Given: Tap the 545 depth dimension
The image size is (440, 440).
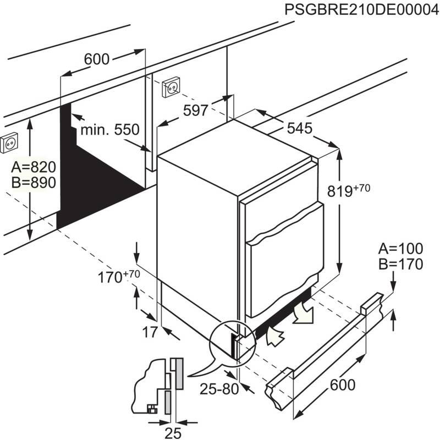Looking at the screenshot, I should pos(299,128).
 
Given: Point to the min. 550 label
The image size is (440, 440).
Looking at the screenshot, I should pos(109,130).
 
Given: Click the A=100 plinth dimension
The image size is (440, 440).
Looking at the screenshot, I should pos(400,249).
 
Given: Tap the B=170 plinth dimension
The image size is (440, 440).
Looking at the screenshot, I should pos(400,265).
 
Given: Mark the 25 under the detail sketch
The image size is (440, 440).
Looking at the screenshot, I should pos(173,433).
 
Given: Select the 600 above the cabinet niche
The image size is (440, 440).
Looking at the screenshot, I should pos(97,59).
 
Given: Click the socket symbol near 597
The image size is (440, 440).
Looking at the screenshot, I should pos(171,87).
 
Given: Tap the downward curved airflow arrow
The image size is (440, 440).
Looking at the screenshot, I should pos(302,315).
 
